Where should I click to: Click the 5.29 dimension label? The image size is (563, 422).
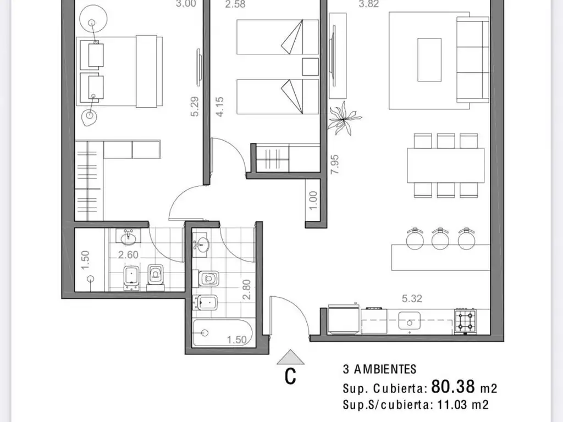195,106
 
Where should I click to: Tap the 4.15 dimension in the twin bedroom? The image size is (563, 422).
220,106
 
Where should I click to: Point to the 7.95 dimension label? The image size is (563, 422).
335,164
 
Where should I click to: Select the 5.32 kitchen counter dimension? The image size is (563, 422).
412,298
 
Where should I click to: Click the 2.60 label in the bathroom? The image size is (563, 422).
128,255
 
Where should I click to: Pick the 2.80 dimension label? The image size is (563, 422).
246,290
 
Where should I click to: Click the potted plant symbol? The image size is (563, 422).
344,119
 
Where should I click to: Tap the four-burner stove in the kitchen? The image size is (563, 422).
465,321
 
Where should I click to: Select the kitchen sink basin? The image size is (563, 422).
409,320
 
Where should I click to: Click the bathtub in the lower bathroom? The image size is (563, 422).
223,333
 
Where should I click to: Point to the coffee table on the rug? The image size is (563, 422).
429,59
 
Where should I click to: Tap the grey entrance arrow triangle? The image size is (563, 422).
290,357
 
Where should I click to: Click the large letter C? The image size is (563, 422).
290,376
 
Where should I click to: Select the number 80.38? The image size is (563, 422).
453,387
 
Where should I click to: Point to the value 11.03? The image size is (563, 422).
452,405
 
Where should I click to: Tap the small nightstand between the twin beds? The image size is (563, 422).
310,66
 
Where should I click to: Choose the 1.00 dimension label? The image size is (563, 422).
313,201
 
